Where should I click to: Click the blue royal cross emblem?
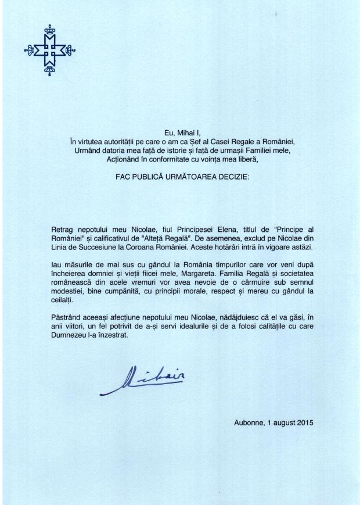pyautogui.click(x=49, y=51)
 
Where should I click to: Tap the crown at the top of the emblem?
pyautogui.click(x=49, y=27)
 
